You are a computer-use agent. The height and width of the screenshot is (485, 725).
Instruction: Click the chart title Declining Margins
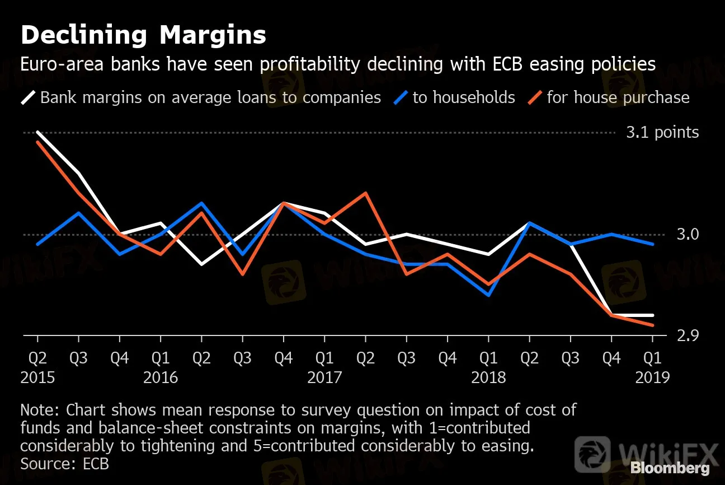click(x=143, y=35)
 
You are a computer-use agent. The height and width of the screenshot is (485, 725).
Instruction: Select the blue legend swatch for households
click(x=401, y=98)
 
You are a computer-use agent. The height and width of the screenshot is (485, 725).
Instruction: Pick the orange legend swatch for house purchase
click(x=535, y=98)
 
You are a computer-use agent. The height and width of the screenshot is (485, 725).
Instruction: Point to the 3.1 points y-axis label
click(x=662, y=133)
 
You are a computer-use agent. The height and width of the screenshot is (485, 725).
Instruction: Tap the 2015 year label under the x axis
click(x=37, y=377)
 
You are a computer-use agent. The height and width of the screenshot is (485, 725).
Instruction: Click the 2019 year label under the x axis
click(x=652, y=377)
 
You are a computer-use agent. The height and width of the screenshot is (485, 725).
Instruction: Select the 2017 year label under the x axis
click(x=324, y=377)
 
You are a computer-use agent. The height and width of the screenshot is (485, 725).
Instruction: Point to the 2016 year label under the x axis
click(x=161, y=377)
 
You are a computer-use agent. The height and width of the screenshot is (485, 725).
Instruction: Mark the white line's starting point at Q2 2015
click(x=37, y=132)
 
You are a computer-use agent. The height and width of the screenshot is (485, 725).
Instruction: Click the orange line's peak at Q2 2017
click(x=365, y=193)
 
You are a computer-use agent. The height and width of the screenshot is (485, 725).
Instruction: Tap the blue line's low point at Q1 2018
click(x=488, y=295)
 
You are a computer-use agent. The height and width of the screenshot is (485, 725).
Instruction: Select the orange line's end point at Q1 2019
click(x=652, y=325)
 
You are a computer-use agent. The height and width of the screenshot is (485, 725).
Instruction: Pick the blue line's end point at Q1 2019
click(x=652, y=244)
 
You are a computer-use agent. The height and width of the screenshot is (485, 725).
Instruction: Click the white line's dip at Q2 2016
click(x=201, y=264)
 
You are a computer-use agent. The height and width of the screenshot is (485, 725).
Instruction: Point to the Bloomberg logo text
click(x=670, y=468)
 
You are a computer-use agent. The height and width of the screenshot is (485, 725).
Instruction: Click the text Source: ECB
click(x=64, y=464)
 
